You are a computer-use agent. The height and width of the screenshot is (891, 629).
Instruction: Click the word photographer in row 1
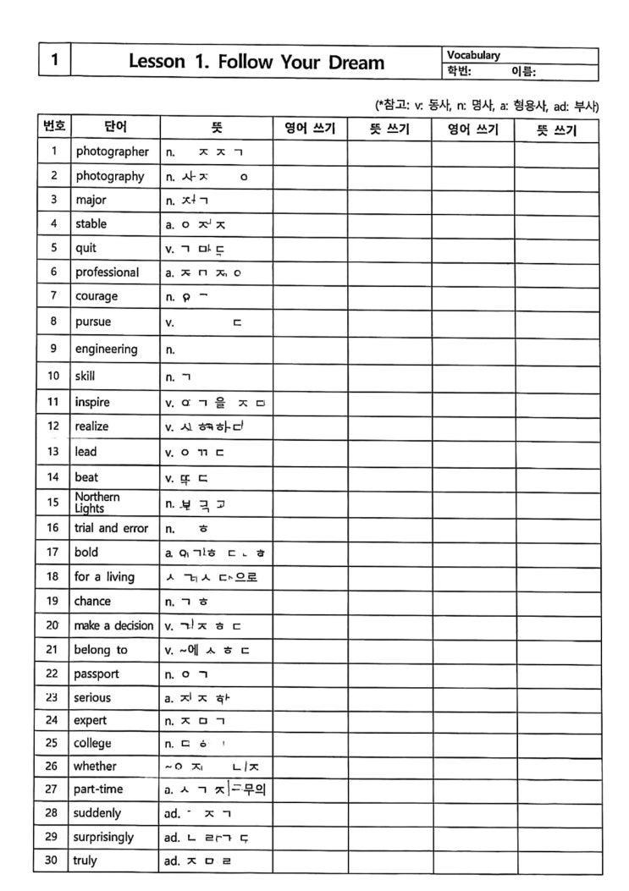(112, 152)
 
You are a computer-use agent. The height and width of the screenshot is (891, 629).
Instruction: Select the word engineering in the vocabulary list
(106, 349)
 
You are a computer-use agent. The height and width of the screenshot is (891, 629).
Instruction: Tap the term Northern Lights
(97, 503)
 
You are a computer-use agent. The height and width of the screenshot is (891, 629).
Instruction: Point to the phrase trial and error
(111, 528)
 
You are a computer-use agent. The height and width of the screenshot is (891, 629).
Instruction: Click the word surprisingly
(104, 837)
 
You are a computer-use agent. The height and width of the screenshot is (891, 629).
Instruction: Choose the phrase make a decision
(114, 625)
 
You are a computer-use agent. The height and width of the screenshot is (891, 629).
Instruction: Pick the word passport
(97, 674)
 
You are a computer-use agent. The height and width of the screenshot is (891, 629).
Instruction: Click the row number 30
(53, 861)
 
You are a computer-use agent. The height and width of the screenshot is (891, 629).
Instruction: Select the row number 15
(53, 503)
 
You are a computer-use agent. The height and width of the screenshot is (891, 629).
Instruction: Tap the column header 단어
(115, 129)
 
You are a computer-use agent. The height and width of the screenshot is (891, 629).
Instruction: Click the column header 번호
(54, 128)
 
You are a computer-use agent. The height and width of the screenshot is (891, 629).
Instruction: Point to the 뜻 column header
(216, 129)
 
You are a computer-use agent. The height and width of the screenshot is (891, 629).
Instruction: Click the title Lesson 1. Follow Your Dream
(256, 62)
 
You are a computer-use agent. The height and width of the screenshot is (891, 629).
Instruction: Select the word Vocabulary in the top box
(473, 55)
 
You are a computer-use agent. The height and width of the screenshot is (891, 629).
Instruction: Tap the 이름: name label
(523, 71)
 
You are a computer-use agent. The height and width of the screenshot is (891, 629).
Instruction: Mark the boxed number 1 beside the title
(55, 61)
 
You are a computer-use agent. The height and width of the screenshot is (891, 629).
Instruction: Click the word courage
(97, 296)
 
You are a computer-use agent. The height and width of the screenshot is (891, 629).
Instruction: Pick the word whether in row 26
(96, 766)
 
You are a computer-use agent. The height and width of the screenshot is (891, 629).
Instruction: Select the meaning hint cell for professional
(215, 272)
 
